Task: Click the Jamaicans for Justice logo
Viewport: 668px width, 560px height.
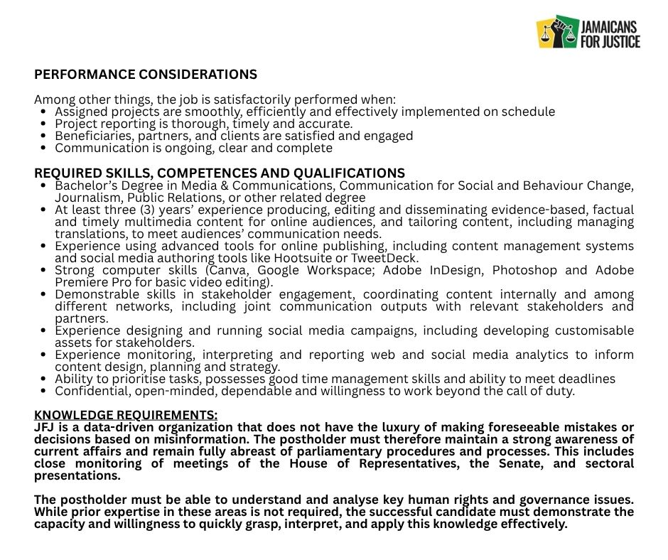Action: coord(588,33)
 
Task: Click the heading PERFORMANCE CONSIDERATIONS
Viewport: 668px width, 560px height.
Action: coord(146,75)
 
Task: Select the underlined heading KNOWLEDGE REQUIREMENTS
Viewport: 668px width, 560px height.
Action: coord(126,415)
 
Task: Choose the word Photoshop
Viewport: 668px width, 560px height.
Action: coord(524,270)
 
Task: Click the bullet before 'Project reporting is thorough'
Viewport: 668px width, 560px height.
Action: coord(45,124)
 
